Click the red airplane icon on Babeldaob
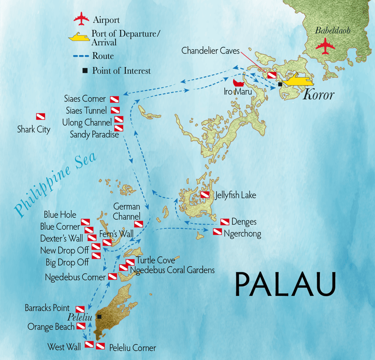[324, 46]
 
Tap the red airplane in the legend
[81, 19]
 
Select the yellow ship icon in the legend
[80, 37]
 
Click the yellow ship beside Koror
[297, 81]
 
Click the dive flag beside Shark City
[41, 117]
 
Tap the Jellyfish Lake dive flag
[205, 195]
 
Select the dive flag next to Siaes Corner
[114, 99]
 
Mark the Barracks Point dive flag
[80, 309]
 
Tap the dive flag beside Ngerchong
[217, 232]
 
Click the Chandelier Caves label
[210, 51]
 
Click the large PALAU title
[285, 284]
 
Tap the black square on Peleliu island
[99, 317]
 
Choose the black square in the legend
[84, 70]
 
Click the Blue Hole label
[60, 215]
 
